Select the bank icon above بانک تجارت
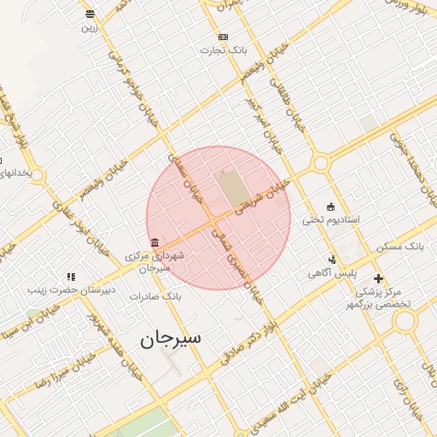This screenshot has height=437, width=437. pos(224,37)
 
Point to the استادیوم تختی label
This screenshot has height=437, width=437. pos(331,219)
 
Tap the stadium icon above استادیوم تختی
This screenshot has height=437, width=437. pos(330,206)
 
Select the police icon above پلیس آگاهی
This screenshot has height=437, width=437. pos(333,260)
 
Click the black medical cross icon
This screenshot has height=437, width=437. pos(378,278)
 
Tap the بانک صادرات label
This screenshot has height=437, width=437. pos(155,296)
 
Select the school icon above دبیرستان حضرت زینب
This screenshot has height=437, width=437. pos(71,277)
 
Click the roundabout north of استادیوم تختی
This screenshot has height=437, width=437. pos(321,162)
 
